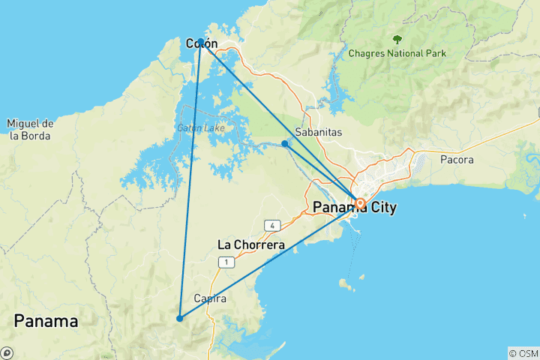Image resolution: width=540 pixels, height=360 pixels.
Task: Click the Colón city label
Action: pyautogui.click(x=201, y=43)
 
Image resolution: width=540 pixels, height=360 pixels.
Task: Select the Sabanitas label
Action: pyautogui.click(x=319, y=132)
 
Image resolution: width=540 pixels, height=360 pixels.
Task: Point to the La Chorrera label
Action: pyautogui.click(x=250, y=244)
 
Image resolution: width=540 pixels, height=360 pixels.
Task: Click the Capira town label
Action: pyautogui.click(x=210, y=298)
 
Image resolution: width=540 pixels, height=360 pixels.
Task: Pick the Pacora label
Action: pyautogui.click(x=457, y=160)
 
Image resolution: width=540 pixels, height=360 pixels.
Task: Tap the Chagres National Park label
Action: pyautogui.click(x=397, y=53)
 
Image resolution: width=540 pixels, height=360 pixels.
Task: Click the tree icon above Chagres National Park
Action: pyautogui.click(x=397, y=39)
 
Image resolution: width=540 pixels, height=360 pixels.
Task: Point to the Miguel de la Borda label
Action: pyautogui.click(x=29, y=129)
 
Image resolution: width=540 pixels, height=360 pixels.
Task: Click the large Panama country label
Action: pyautogui.click(x=46, y=321)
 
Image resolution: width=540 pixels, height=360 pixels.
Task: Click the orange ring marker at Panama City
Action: pyautogui.click(x=360, y=203)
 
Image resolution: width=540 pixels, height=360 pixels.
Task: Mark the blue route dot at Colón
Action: pyautogui.click(x=201, y=43)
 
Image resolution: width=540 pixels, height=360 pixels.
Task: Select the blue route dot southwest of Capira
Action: pyautogui.click(x=179, y=318)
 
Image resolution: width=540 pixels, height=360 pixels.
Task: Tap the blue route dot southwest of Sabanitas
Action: pyautogui.click(x=284, y=143)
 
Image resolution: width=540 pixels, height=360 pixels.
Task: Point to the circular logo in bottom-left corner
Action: pyautogui.click(x=7, y=352)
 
